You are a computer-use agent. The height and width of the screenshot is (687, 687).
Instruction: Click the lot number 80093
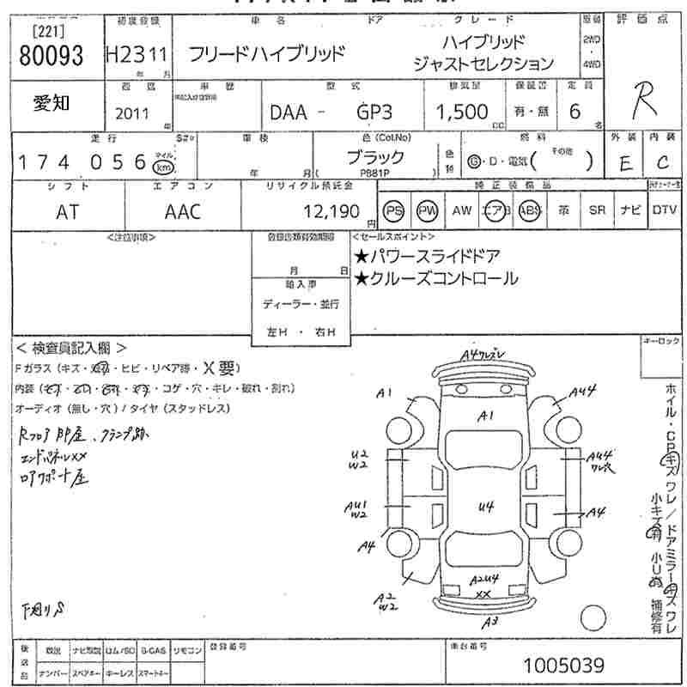pyautogui.click(x=51, y=56)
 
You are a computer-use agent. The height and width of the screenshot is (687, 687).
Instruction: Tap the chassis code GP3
pyautogui.click(x=375, y=112)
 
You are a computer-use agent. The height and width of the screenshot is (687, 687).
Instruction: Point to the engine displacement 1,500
pyautogui.click(x=462, y=112)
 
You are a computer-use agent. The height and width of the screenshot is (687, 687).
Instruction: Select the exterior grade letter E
pyautogui.click(x=625, y=163)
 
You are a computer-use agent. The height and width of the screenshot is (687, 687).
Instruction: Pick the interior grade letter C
pyautogui.click(x=662, y=163)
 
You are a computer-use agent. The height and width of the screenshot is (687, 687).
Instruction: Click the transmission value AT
pyautogui.click(x=67, y=211)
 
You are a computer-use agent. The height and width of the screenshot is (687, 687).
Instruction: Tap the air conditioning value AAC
pyautogui.click(x=182, y=211)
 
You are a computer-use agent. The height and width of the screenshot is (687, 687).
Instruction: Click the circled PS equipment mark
pyautogui.click(x=393, y=211)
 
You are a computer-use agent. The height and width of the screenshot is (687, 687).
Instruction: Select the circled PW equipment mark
pyautogui.click(x=427, y=211)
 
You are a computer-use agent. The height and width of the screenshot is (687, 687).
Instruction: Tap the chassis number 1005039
pyautogui.click(x=563, y=666)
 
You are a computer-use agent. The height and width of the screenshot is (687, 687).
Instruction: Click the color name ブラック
pyautogui.click(x=374, y=157)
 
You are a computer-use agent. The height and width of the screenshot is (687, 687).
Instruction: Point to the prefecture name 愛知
pyautogui.click(x=51, y=103)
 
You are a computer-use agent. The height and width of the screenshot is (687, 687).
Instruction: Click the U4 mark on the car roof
pyautogui.click(x=487, y=507)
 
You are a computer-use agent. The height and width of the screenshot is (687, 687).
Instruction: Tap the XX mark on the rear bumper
pyautogui.click(x=483, y=594)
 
